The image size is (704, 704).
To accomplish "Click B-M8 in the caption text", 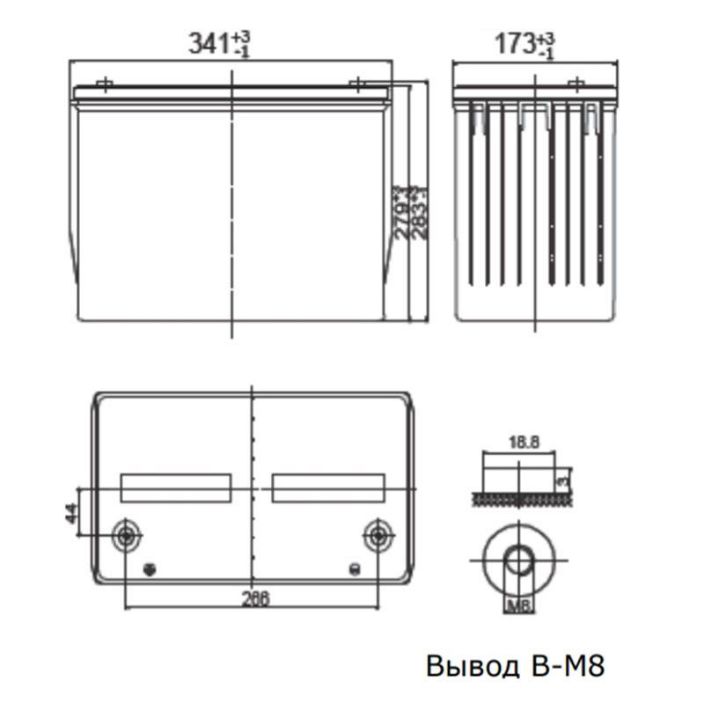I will [x=568, y=665].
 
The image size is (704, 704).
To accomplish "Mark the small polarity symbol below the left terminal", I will [x=150, y=568].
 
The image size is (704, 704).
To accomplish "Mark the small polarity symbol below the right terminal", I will [x=355, y=568].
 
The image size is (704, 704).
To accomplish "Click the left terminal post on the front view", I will [x=105, y=84].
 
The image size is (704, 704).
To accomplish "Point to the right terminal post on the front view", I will [x=359, y=84].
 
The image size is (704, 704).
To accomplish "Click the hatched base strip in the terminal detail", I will [x=519, y=499].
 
